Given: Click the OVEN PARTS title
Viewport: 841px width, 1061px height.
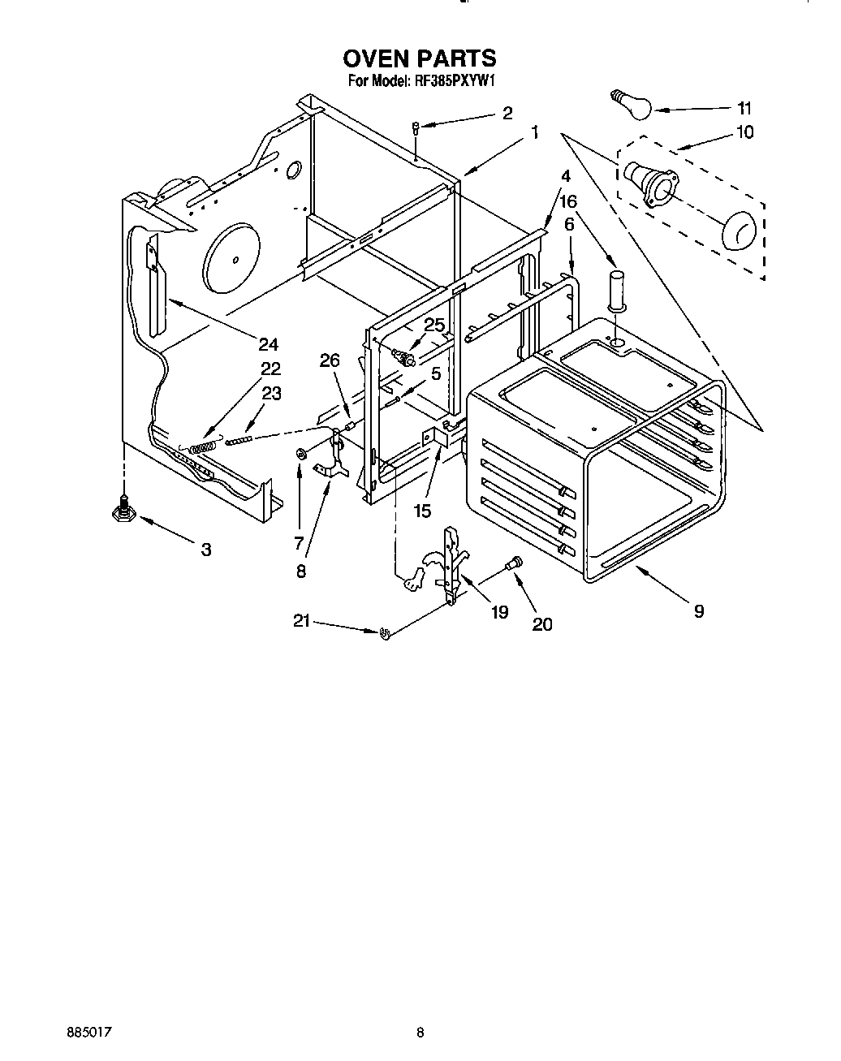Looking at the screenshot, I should [x=419, y=58].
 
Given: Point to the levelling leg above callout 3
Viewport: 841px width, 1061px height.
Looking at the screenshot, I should [x=123, y=508].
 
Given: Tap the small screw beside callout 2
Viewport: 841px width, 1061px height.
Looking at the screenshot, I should [x=416, y=127].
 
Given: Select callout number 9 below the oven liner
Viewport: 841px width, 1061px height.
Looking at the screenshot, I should [x=698, y=611].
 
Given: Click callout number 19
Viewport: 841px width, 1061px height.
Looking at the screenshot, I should [x=499, y=611].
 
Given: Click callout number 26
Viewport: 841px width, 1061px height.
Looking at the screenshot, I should [x=330, y=360].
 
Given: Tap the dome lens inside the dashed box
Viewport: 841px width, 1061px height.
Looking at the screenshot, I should [x=738, y=231].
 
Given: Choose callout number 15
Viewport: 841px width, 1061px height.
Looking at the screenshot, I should [x=422, y=511].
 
